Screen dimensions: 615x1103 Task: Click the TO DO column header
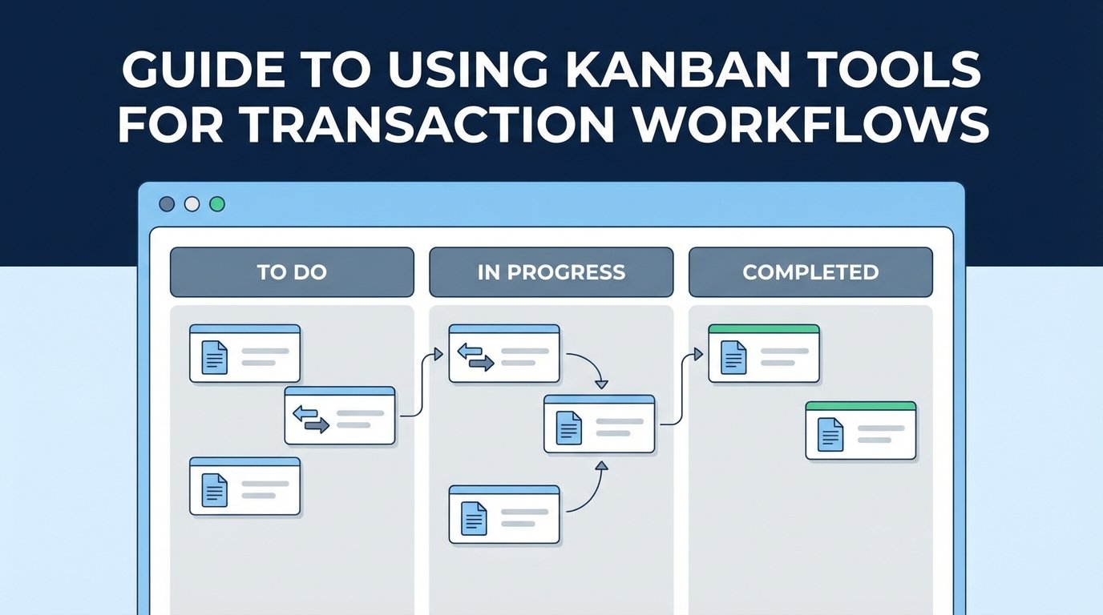[292, 272]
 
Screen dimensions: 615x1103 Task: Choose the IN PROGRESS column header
[551, 272]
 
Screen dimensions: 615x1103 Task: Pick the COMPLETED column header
[810, 272]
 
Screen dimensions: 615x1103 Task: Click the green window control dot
[216, 204]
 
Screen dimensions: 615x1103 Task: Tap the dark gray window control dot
[167, 204]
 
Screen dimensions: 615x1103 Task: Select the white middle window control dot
[192, 204]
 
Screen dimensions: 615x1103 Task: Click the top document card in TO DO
[244, 353]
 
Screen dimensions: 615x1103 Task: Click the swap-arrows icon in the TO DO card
[311, 420]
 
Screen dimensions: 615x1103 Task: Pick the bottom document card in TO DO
[244, 486]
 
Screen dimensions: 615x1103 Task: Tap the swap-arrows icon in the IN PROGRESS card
[475, 357]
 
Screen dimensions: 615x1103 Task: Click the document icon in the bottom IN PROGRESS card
[474, 519]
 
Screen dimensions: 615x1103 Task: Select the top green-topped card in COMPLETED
[764, 353]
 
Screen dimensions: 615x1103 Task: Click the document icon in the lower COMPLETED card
[830, 435]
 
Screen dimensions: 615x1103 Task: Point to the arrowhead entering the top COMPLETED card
[699, 353]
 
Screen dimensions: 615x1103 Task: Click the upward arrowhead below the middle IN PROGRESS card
[603, 465]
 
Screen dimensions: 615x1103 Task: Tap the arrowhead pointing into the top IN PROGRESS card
[438, 353]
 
